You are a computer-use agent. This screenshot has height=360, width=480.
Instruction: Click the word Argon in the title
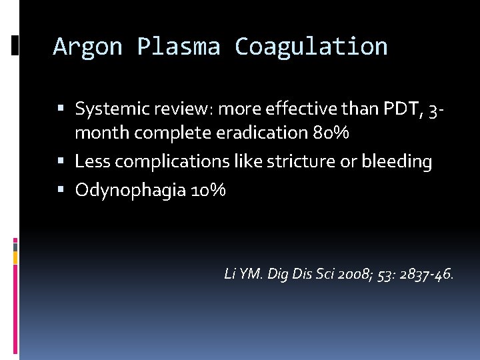click(87, 47)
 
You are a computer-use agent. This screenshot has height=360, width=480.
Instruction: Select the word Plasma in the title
click(178, 47)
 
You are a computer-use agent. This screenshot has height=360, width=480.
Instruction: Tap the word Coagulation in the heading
click(311, 47)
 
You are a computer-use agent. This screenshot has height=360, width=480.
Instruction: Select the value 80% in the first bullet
click(331, 133)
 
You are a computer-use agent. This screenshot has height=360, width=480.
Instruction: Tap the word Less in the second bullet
click(90, 161)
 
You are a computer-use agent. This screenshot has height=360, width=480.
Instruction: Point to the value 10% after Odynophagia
click(208, 191)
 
